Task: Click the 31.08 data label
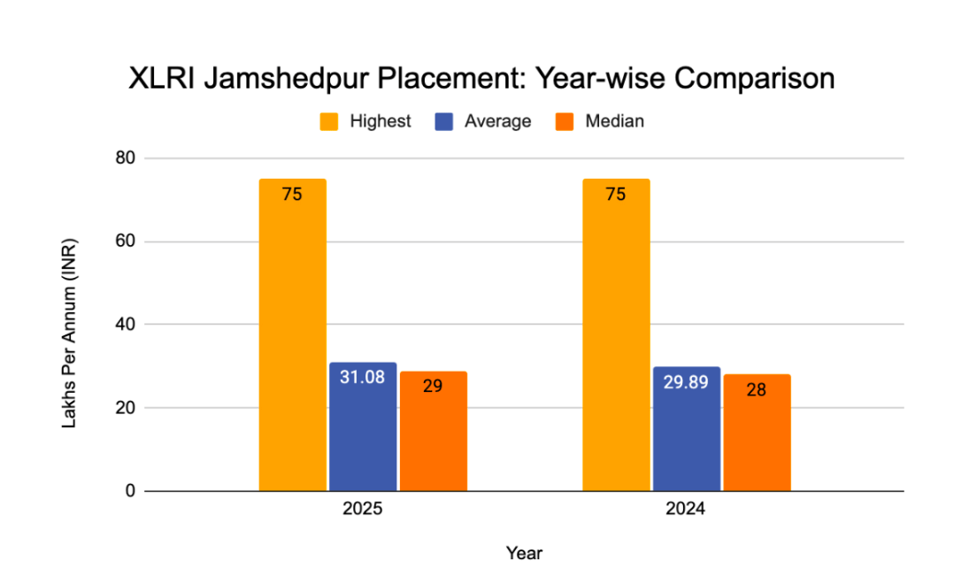click(x=363, y=377)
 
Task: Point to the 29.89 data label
click(x=686, y=382)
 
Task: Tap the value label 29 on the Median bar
click(x=433, y=386)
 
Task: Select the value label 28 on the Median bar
click(x=757, y=388)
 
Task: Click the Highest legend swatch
click(x=328, y=122)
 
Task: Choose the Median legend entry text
click(x=614, y=122)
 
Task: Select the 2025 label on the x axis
click(x=363, y=511)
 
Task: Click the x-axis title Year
click(x=524, y=554)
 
